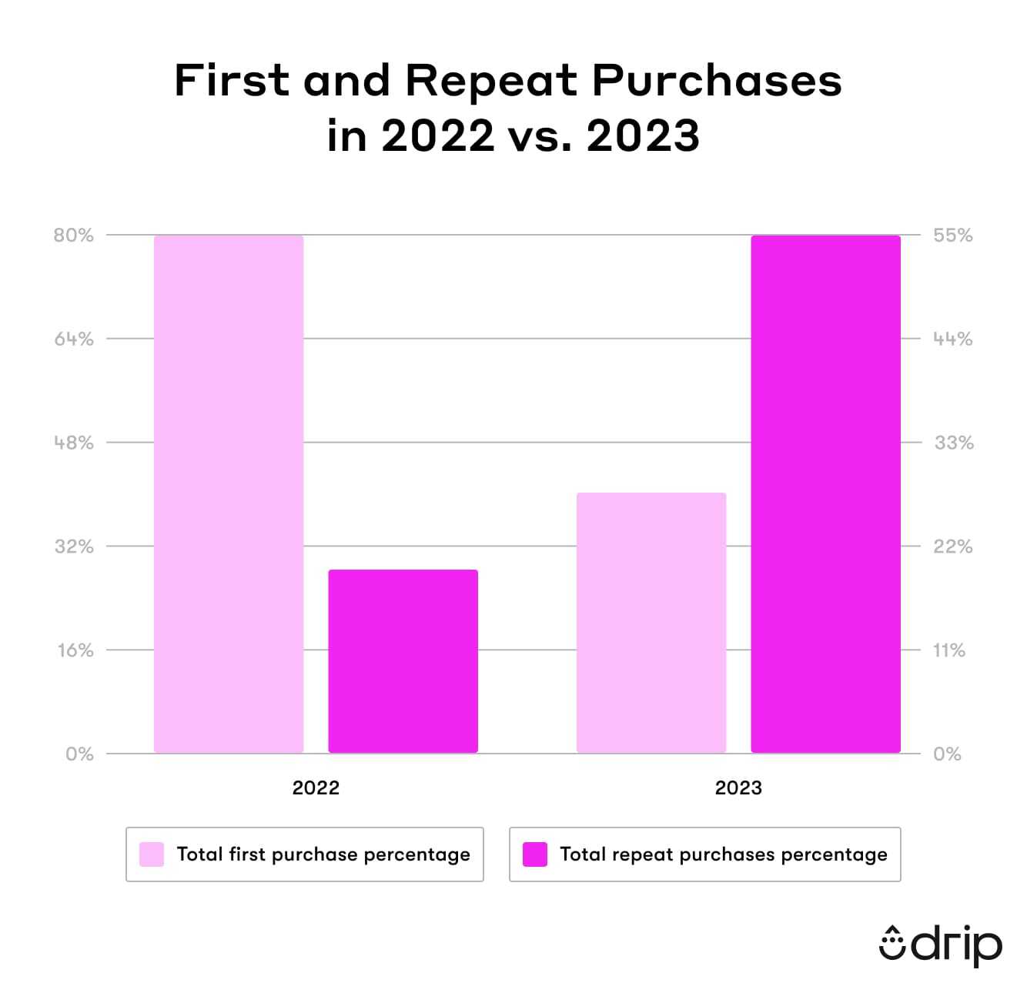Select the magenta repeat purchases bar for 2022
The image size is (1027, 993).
[403, 661]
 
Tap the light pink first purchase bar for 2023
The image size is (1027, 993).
[651, 623]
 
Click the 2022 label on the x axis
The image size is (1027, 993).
[316, 788]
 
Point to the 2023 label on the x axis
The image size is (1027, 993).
[738, 788]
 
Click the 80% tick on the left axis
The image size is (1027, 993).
[73, 236]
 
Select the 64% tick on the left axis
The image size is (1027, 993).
[73, 339]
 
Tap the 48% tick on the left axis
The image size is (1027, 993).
[73, 443]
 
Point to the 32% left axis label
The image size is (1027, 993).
[73, 547]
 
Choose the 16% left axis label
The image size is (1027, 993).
[75, 650]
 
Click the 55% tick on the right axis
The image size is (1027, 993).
[953, 236]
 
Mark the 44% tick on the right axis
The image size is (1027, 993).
[953, 339]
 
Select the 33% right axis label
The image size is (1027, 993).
[953, 443]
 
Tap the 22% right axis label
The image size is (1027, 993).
[953, 547]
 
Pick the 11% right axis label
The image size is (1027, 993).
[948, 650]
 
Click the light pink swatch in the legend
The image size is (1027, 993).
[152, 854]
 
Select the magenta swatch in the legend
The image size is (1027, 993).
[534, 854]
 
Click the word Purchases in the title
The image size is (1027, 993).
[717, 80]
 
